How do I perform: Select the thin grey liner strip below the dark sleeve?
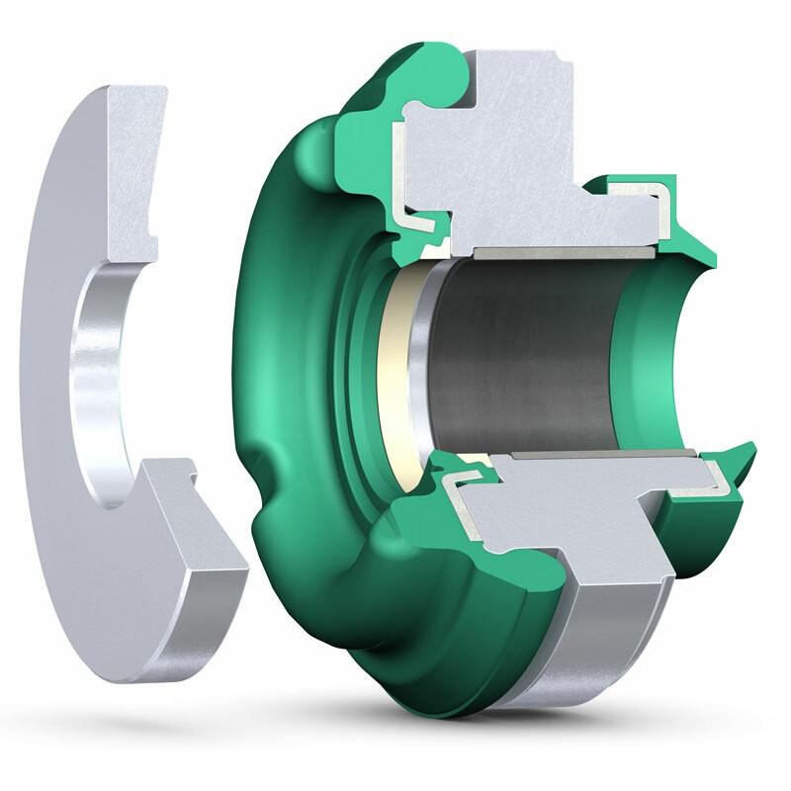point(593,456)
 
